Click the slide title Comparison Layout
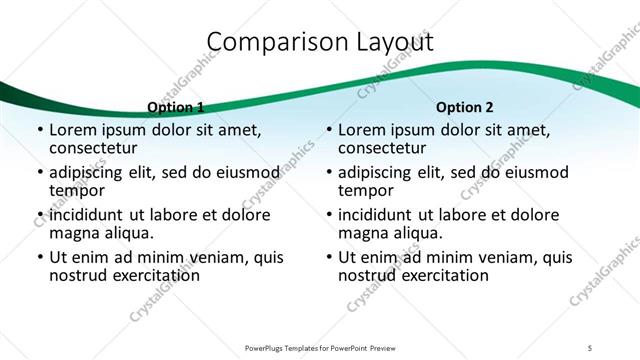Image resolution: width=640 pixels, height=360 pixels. coord(320,42)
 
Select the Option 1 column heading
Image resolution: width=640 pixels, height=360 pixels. coord(176,107)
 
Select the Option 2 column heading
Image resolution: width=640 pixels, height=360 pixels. coord(465,107)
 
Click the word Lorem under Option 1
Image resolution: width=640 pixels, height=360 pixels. coord(74,130)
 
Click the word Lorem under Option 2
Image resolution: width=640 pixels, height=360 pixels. coord(363,130)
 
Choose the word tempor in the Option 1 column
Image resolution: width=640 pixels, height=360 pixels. coord(76,190)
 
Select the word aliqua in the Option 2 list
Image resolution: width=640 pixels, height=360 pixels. coord(416,233)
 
